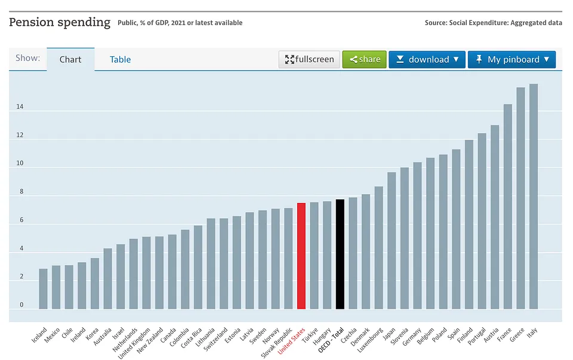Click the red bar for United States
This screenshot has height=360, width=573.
[301, 256]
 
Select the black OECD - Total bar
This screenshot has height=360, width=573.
[340, 254]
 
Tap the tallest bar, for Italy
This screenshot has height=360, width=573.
[534, 196]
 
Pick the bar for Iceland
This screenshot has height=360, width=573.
[43, 289]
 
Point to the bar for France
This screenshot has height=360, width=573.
[508, 207]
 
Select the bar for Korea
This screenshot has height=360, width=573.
[95, 284]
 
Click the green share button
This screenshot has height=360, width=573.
[365, 60]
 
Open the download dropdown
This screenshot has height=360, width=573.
[427, 60]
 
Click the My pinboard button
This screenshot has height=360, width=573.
[512, 60]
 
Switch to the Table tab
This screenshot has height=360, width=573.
[120, 60]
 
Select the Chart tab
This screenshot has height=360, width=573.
[70, 60]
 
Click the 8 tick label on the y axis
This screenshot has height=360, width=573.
[21, 192]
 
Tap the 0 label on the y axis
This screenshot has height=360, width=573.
[21, 305]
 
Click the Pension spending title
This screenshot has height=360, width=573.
[60, 23]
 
